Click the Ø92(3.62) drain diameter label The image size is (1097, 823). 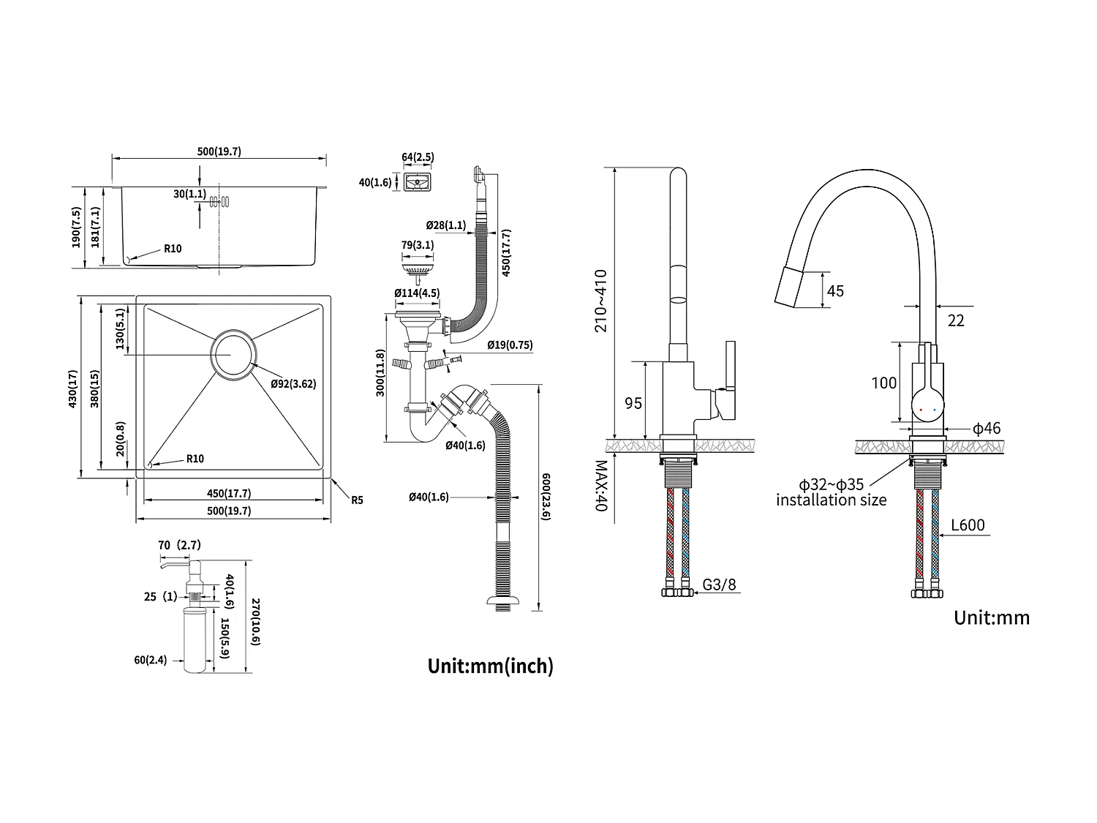[293, 383]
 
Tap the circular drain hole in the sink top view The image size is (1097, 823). [233, 355]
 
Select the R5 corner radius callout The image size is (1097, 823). [357, 500]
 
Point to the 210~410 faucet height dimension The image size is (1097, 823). [601, 301]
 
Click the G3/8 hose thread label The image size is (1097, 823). [719, 585]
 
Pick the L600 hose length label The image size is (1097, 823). [968, 525]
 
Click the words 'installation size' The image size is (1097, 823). [831, 500]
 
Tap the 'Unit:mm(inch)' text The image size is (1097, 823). [490, 666]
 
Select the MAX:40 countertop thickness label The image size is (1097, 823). [601, 486]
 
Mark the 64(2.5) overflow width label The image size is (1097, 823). [418, 157]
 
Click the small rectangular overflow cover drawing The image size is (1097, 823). [418, 181]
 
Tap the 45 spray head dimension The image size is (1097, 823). [834, 291]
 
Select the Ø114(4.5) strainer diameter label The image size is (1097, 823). [416, 293]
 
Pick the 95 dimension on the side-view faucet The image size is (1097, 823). [633, 402]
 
